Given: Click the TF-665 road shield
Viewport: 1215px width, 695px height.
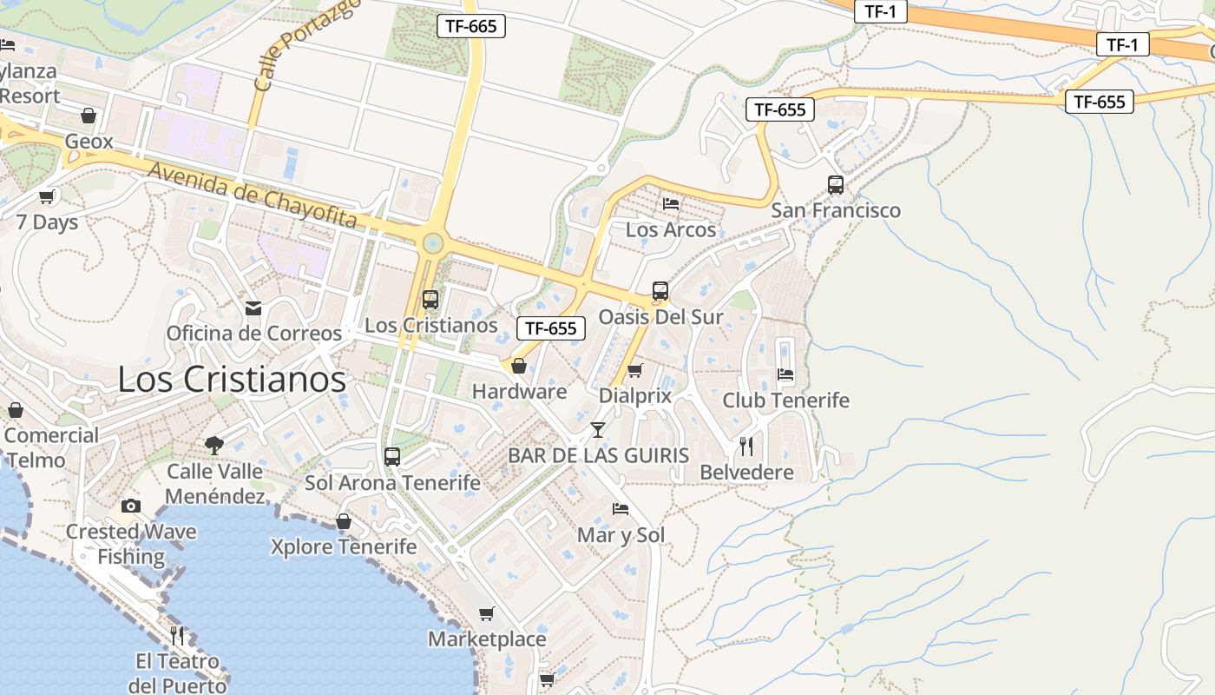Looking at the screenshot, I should click(x=470, y=26).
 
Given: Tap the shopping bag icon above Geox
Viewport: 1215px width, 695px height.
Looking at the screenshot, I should click(x=89, y=116).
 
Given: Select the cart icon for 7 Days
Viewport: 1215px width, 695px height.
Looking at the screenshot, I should click(x=47, y=196).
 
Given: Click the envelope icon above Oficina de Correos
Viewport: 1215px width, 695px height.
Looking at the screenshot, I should click(x=253, y=308).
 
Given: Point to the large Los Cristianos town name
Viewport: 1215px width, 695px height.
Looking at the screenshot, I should click(x=232, y=380).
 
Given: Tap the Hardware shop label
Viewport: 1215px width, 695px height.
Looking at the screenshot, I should click(x=519, y=392).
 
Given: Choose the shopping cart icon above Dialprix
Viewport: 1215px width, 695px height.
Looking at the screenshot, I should click(x=635, y=371).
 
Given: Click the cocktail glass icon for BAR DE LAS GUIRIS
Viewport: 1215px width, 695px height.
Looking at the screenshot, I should click(x=598, y=429).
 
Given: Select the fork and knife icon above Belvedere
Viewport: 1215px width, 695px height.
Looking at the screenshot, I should click(x=746, y=446).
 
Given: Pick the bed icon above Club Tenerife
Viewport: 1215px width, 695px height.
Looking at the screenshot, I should click(x=785, y=374).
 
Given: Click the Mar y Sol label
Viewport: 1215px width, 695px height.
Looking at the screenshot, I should click(x=621, y=535).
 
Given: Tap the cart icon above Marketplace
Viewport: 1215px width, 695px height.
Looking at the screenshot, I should click(x=487, y=614).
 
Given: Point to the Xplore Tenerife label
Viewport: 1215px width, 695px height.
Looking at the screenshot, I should click(x=344, y=547).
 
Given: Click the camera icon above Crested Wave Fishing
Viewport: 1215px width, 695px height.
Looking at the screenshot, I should click(x=131, y=506).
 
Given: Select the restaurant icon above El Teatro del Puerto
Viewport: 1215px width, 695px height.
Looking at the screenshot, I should click(x=177, y=635).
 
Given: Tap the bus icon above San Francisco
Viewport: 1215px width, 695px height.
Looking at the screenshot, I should click(x=836, y=184).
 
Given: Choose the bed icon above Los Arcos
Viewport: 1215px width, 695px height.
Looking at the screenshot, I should click(x=671, y=204).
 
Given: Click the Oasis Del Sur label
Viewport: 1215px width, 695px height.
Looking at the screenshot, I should click(x=660, y=317).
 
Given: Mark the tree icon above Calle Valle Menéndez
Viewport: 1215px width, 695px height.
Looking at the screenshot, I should click(x=214, y=446).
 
